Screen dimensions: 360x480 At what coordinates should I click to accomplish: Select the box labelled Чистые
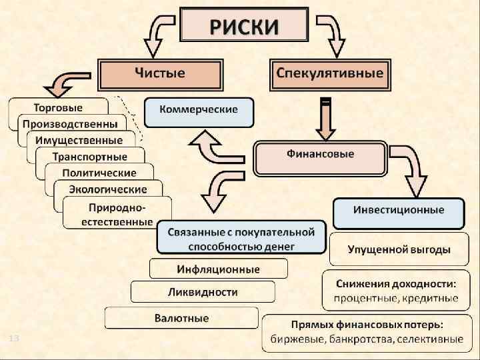pyautogui.click(x=159, y=73)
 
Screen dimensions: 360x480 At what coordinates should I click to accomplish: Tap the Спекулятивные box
pyautogui.click(x=330, y=73)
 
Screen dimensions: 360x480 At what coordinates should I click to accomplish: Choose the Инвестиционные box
pyautogui.click(x=398, y=209)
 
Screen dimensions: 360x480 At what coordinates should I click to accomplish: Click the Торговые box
pyautogui.click(x=59, y=107)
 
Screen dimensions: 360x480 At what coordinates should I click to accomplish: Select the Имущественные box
pyautogui.click(x=79, y=140)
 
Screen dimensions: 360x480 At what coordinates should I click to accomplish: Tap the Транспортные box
pyautogui.click(x=90, y=157)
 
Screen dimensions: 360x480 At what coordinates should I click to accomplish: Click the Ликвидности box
pyautogui.click(x=202, y=292)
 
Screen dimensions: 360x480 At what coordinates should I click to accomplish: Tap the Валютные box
pyautogui.click(x=181, y=317)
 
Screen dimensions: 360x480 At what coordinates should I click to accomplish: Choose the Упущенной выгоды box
pyautogui.click(x=398, y=249)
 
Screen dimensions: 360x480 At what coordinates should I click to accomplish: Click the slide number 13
pyautogui.click(x=14, y=340)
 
